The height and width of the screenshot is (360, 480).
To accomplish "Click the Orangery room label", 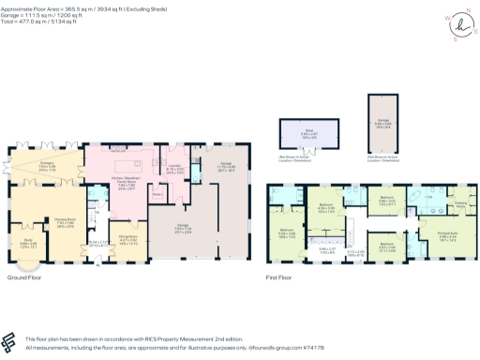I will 46,165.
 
